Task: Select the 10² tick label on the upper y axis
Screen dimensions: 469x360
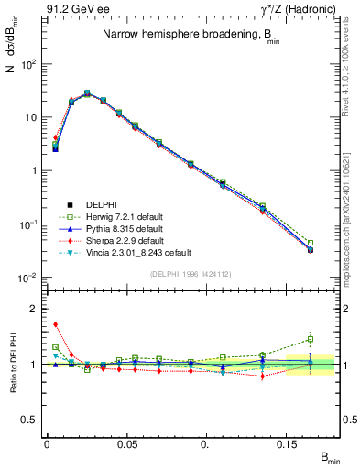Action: (28, 65)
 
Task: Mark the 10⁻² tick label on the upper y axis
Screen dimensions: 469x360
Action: (28, 278)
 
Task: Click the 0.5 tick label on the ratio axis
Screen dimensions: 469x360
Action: (30, 420)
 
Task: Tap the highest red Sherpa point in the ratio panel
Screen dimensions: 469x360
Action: (56, 323)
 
